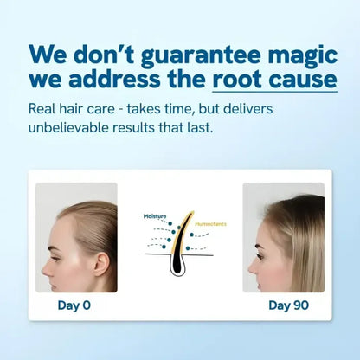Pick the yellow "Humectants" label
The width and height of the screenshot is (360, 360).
[x=213, y=223]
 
